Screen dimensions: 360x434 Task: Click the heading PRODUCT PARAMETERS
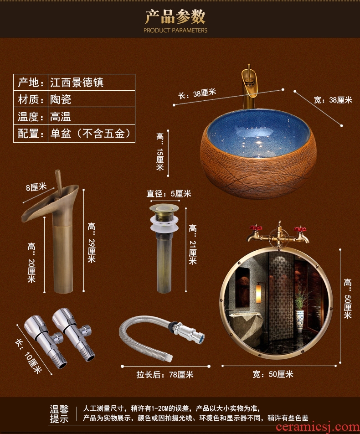pos(175,30)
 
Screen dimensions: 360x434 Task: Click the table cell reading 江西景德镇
pos(92,82)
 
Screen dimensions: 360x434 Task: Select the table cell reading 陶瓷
pos(92,99)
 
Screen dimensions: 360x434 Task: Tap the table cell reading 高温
pos(92,116)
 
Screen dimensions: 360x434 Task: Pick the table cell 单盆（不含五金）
pos(92,134)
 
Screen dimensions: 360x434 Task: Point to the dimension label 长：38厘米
pos(197,93)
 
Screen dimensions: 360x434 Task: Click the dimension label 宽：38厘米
pos(333,100)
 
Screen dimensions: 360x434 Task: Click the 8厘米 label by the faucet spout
pos(36,187)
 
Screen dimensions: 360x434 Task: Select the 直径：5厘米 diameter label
pos(169,193)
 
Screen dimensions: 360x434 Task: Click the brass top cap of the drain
pos(164,208)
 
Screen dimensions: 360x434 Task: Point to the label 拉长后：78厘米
pos(165,374)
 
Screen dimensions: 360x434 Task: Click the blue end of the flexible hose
pos(201,338)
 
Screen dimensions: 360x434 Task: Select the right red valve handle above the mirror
pos(300,229)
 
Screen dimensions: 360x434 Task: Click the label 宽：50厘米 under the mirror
pos(273,374)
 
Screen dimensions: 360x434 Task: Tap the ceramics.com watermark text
pos(318,427)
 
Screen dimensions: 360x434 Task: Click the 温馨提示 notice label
pos(59,414)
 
